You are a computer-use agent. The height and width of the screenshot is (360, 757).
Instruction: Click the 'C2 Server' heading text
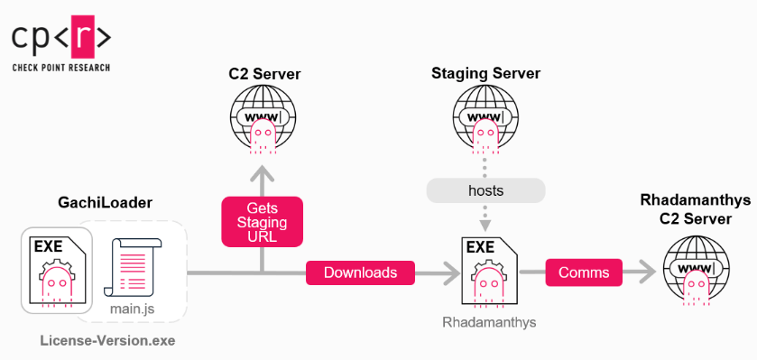click(x=263, y=73)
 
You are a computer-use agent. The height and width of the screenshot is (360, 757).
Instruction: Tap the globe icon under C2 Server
click(x=263, y=120)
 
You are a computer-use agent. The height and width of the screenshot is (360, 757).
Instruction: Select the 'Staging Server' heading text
click(x=486, y=73)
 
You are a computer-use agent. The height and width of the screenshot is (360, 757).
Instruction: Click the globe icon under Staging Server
click(x=486, y=120)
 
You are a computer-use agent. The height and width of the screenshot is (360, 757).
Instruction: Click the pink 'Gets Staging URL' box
click(x=262, y=221)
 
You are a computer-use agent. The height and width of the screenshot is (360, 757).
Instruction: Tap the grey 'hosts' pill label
click(x=486, y=189)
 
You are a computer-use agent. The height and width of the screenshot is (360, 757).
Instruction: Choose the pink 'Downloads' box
click(x=360, y=272)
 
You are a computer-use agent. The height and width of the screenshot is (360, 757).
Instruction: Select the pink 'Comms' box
click(x=584, y=272)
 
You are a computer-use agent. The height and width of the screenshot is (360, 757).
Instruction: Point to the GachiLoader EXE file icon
click(x=57, y=271)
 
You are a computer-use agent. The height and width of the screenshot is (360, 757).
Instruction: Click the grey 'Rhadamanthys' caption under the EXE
click(x=487, y=320)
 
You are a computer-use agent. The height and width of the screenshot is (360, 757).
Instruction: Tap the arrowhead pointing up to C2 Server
click(x=263, y=173)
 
